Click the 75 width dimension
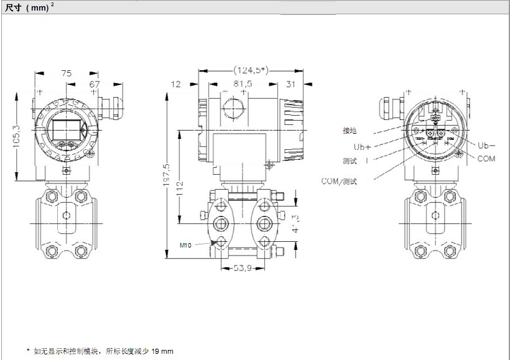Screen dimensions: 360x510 click(x=66, y=73)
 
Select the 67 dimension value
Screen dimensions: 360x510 click(x=95, y=83)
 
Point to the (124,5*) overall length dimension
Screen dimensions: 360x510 click(x=250, y=70)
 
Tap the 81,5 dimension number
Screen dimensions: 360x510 click(x=242, y=84)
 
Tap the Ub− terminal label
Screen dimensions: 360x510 click(x=486, y=145)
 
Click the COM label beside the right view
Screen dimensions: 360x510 click(x=486, y=159)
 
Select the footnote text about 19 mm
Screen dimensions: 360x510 click(x=100, y=351)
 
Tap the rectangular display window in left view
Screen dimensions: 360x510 click(x=65, y=129)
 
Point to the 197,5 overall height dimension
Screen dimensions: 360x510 click(x=165, y=174)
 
